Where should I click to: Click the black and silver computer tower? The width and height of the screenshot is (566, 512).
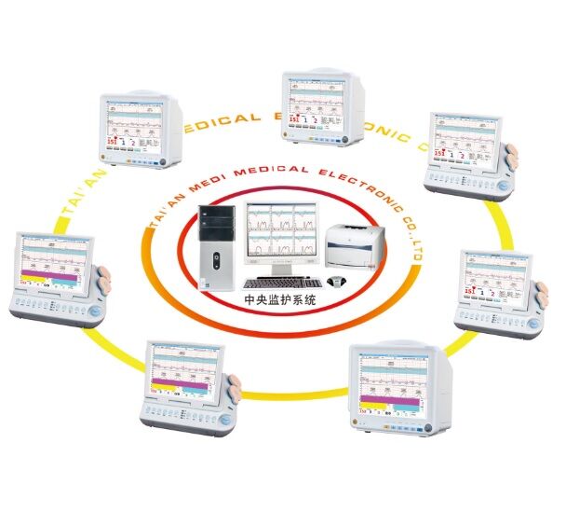coord(220,247)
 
